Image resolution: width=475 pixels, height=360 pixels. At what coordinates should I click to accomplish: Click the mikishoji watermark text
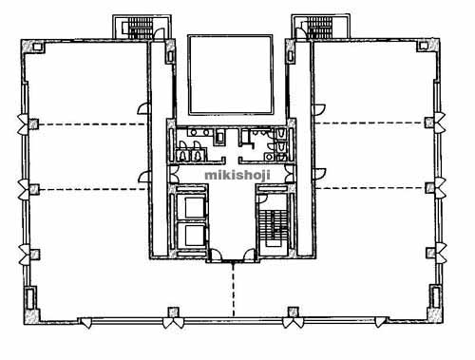click(x=237, y=175)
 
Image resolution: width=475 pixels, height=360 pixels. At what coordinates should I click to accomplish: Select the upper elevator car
click(x=195, y=207)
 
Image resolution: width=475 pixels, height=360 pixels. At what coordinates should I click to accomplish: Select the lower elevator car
click(x=195, y=236)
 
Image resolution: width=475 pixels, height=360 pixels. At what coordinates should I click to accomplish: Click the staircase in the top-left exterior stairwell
click(x=141, y=28)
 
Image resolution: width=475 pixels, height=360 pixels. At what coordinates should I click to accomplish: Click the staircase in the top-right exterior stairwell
click(x=320, y=28)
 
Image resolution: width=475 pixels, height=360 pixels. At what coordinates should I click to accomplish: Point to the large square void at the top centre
click(x=231, y=75)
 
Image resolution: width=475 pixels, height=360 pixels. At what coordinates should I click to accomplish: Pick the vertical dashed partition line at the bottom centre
click(x=234, y=290)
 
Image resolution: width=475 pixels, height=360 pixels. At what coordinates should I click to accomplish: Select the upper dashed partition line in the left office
click(x=92, y=124)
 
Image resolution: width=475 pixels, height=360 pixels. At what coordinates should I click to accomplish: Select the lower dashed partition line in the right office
click(x=370, y=188)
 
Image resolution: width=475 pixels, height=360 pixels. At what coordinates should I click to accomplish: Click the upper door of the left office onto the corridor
click(x=142, y=108)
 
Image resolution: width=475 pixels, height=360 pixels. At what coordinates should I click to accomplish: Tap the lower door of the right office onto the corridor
click(x=319, y=174)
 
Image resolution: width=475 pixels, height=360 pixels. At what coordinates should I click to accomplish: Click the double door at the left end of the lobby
click(x=174, y=174)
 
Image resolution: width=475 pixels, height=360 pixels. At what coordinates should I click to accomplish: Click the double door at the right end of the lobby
click(x=289, y=174)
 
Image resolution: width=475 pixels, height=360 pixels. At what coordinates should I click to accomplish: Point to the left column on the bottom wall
click(x=173, y=313)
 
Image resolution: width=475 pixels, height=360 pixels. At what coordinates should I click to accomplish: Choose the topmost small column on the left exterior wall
click(x=33, y=123)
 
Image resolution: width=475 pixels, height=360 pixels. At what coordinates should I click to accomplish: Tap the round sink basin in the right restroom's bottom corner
click(x=269, y=157)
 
